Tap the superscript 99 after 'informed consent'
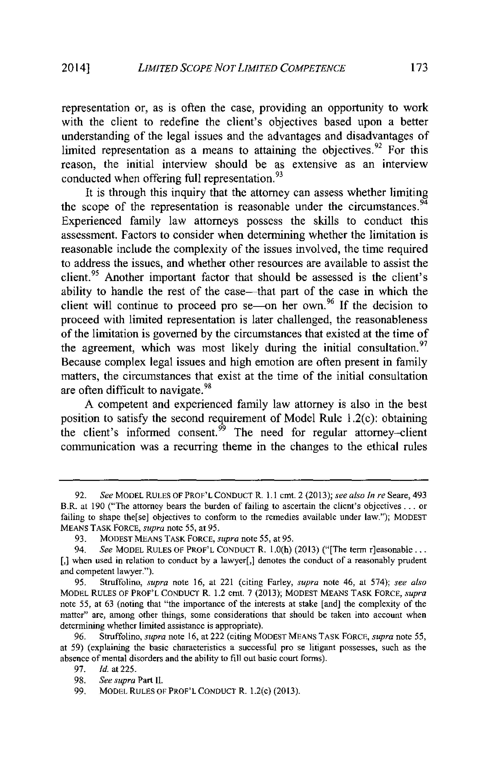(222, 428)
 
